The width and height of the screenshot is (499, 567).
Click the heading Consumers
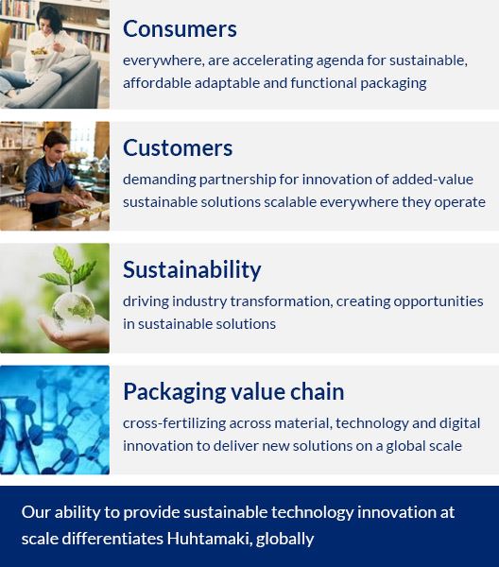[180, 29]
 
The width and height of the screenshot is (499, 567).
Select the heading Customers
[178, 148]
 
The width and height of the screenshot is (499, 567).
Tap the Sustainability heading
[192, 270]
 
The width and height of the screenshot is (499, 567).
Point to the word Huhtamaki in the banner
[209, 539]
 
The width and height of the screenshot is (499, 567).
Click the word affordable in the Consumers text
[157, 83]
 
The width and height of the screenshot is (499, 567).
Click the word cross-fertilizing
[174, 423]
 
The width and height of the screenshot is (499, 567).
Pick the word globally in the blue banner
[284, 540]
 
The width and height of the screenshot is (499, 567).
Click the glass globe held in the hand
[74, 308]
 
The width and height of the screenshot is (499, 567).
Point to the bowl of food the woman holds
[40, 52]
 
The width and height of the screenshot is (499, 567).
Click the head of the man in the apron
[56, 144]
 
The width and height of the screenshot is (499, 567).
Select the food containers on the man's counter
[84, 215]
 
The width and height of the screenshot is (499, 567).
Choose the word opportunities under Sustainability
[439, 301]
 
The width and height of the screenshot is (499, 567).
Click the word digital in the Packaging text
[459, 423]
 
